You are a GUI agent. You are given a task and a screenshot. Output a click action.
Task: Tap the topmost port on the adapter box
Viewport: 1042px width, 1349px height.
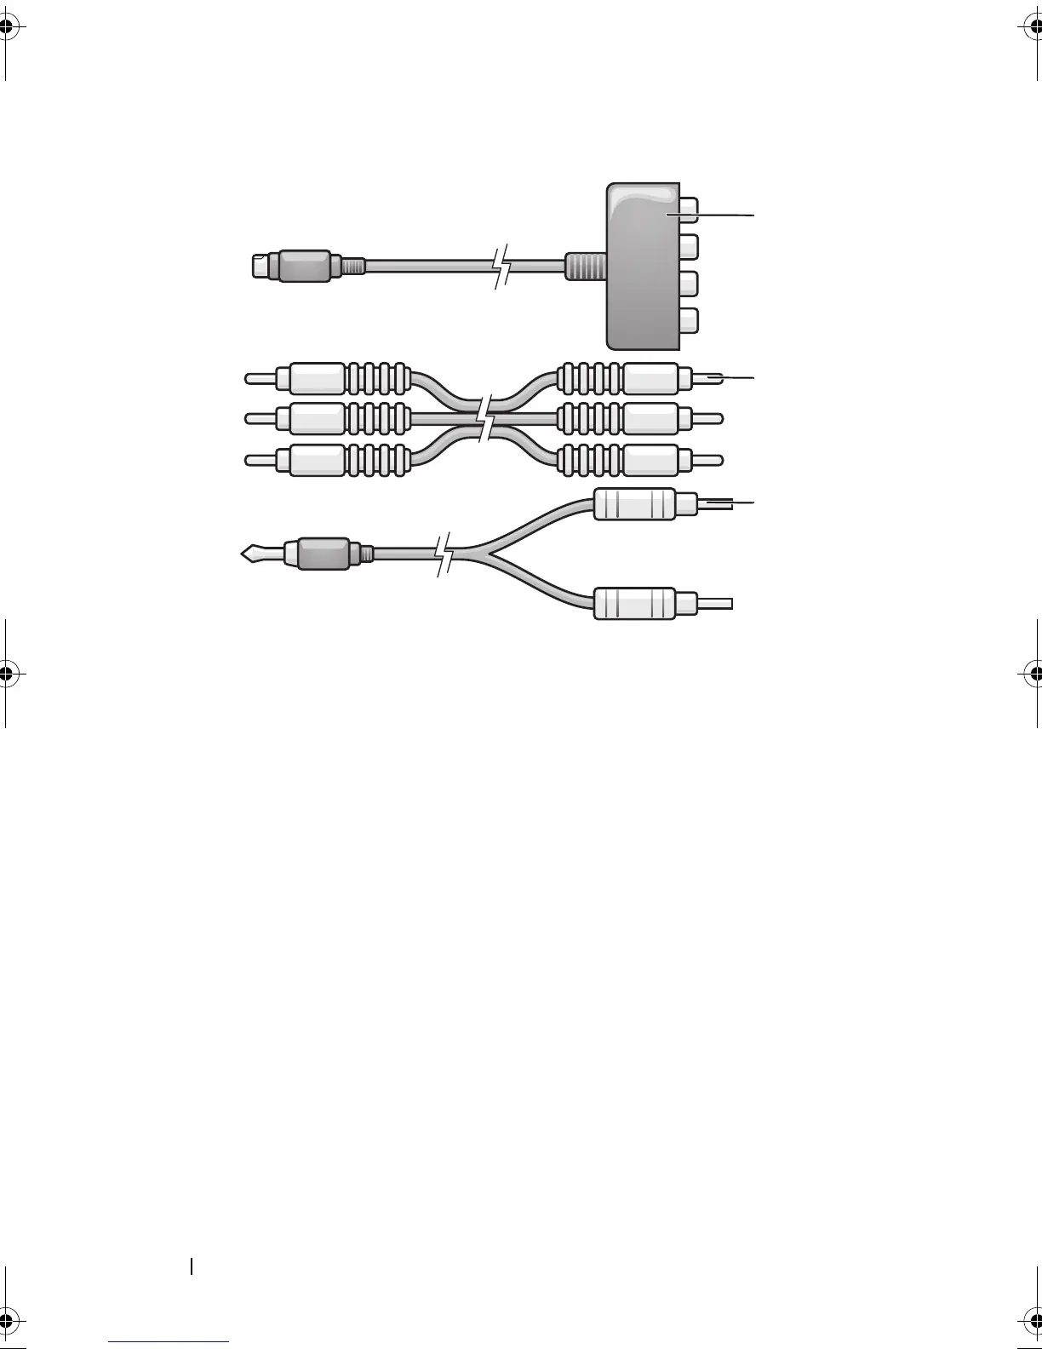[x=690, y=210]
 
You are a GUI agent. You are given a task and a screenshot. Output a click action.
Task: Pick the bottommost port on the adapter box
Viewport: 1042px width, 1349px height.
[x=690, y=320]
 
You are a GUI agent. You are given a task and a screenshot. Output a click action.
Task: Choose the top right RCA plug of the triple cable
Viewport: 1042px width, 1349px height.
[x=650, y=377]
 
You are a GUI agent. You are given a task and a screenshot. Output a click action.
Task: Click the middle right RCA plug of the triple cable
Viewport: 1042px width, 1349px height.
[x=650, y=418]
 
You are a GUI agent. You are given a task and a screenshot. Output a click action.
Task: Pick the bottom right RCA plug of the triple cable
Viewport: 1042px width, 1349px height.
[x=650, y=460]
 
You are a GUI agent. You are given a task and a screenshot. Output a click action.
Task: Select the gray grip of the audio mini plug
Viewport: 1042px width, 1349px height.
[x=322, y=554]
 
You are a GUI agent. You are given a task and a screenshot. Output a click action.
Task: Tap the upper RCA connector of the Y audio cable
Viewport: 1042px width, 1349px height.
[x=634, y=504]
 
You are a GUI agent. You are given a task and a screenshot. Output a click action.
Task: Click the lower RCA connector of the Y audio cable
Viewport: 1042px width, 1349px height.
[x=634, y=603]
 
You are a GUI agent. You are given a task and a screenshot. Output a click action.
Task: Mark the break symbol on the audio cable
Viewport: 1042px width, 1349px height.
[x=445, y=554]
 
